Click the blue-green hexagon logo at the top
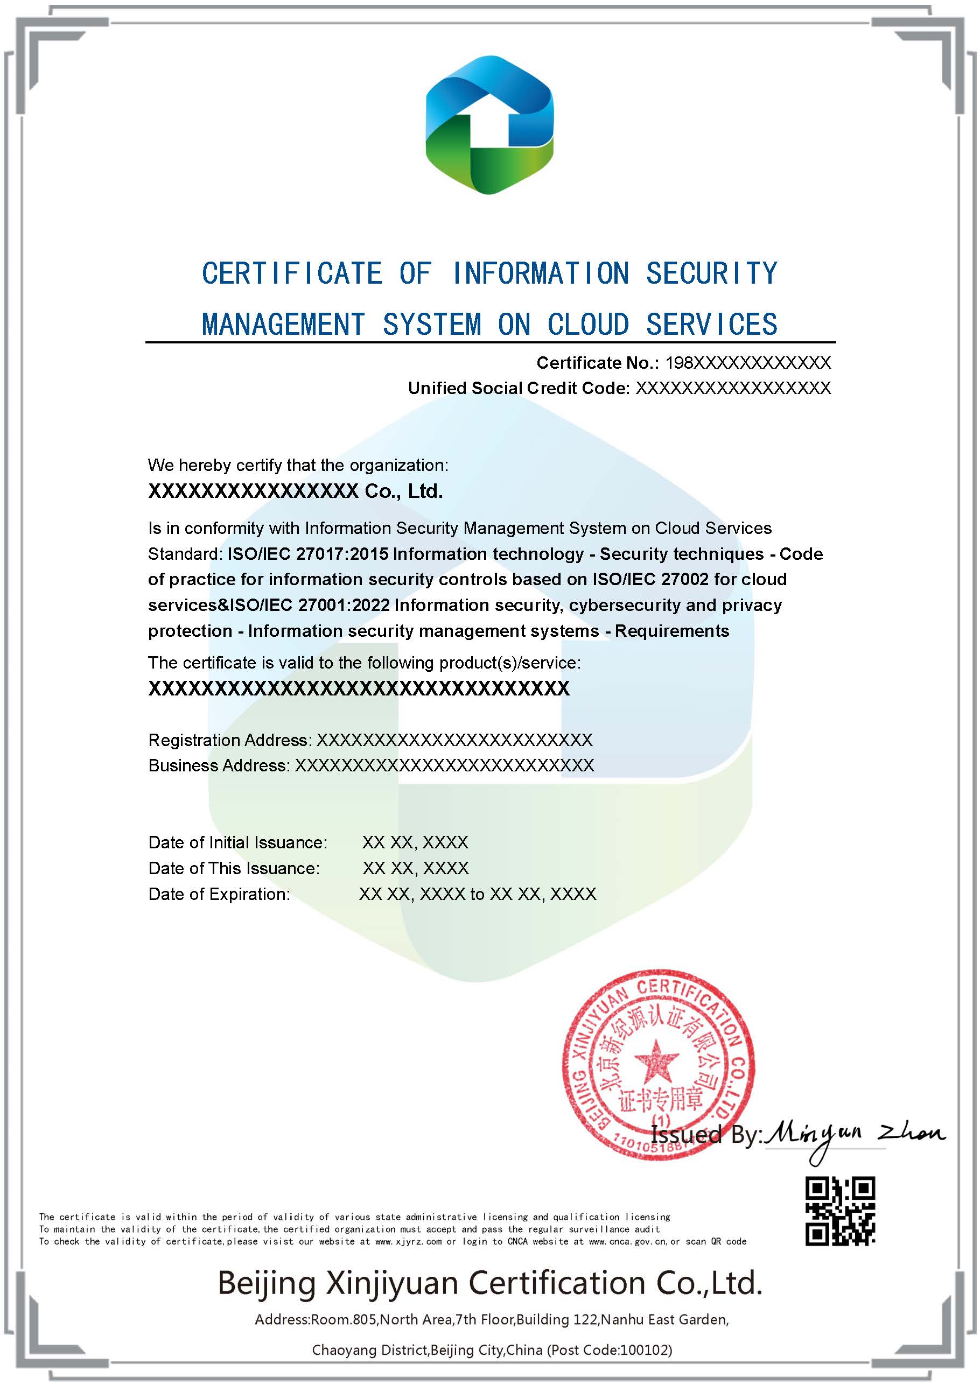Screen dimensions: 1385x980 [x=489, y=125]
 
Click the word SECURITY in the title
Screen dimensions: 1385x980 [x=711, y=273]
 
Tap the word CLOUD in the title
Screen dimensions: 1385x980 [x=588, y=325]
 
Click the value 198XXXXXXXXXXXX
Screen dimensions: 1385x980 [x=748, y=363]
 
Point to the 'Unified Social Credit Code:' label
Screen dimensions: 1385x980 [x=519, y=388]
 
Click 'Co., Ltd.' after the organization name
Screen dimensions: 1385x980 [x=404, y=491]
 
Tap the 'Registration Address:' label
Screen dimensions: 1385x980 [x=230, y=740]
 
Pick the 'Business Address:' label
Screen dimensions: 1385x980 [x=219, y=765]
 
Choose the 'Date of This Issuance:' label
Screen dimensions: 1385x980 [x=234, y=868]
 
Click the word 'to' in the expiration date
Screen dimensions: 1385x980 [x=477, y=894]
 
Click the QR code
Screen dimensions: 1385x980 [x=840, y=1211]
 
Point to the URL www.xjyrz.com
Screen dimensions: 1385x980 [x=409, y=1241]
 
